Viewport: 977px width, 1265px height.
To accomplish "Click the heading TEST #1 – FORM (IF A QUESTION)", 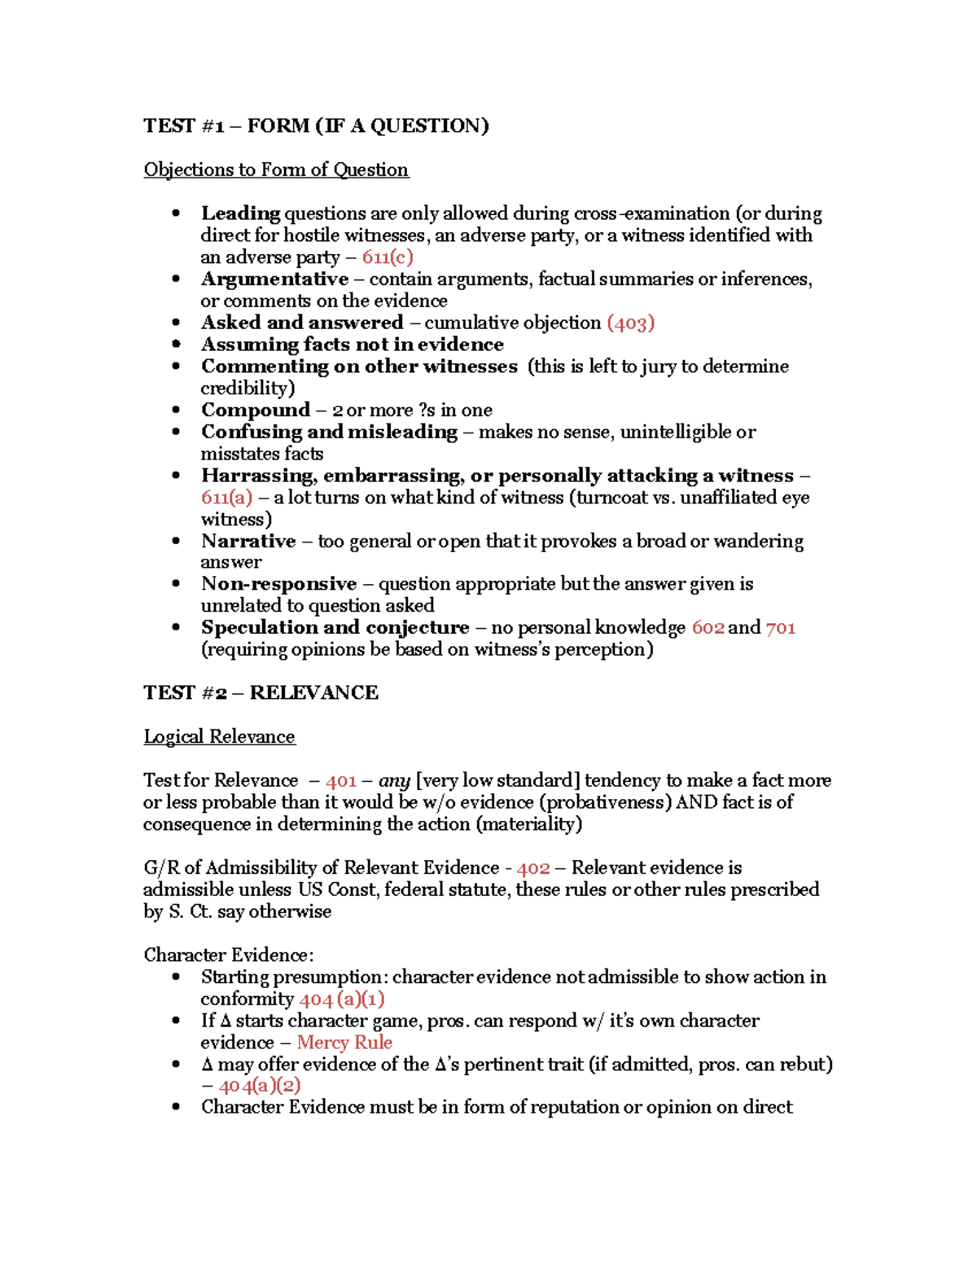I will pyautogui.click(x=316, y=125).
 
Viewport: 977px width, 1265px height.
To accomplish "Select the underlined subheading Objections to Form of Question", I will pyautogui.click(x=276, y=169).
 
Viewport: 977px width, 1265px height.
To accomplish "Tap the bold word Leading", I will pyautogui.click(x=240, y=213).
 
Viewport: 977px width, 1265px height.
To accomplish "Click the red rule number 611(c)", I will pyautogui.click(x=388, y=257).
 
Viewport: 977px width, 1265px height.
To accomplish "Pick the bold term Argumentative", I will pyautogui.click(x=274, y=279).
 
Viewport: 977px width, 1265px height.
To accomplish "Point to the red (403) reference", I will pyautogui.click(x=631, y=323).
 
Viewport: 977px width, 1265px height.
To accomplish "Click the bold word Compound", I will pyautogui.click(x=256, y=410).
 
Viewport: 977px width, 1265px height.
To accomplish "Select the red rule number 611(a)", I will pyautogui.click(x=226, y=498).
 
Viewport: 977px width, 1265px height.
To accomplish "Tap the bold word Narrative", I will pyautogui.click(x=248, y=542).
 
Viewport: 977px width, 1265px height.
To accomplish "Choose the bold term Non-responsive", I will pyautogui.click(x=278, y=584).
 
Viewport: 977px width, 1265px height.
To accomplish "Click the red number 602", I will pyautogui.click(x=708, y=627).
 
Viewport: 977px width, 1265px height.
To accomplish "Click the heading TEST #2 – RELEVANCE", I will pyautogui.click(x=261, y=692).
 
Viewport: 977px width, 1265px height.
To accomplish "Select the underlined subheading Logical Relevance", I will pyautogui.click(x=219, y=736).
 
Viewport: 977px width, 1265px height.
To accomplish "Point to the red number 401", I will pyautogui.click(x=341, y=780).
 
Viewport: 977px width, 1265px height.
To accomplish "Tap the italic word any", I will pyautogui.click(x=394, y=780).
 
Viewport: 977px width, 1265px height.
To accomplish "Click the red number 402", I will pyautogui.click(x=533, y=868).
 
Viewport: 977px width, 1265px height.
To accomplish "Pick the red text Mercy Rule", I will pyautogui.click(x=344, y=1043).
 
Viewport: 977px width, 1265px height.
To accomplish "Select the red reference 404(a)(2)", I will pyautogui.click(x=260, y=1086).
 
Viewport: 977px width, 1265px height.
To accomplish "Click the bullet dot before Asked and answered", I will pyautogui.click(x=176, y=323).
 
